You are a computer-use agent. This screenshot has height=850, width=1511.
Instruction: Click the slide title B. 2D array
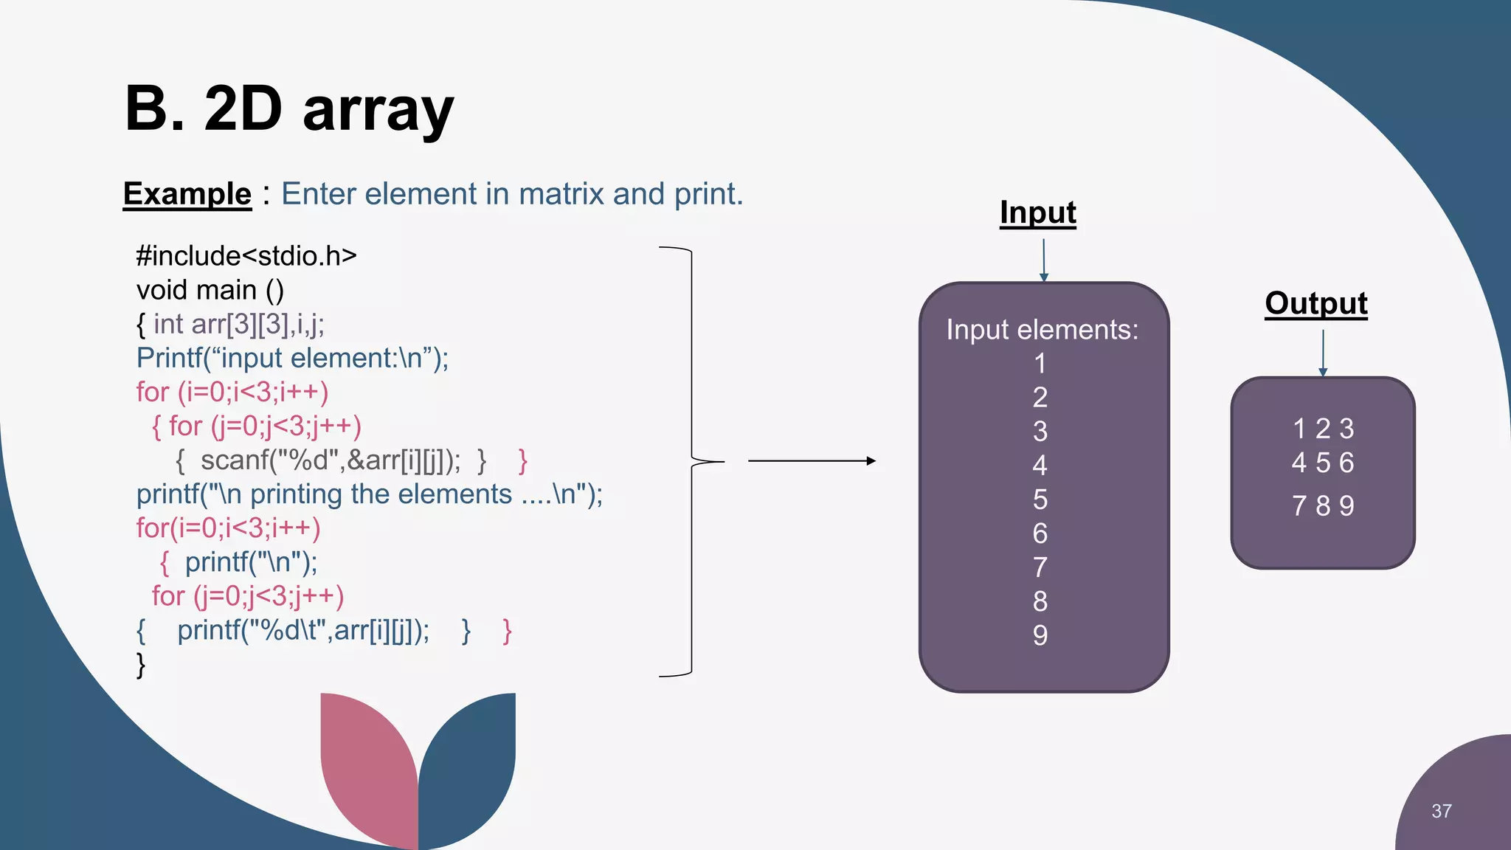[x=289, y=109]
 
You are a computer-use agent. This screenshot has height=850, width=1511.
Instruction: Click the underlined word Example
[x=187, y=194]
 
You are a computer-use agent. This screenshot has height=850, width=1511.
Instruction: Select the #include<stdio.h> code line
[x=246, y=256]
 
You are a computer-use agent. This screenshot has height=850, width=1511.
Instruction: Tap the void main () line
[x=210, y=290]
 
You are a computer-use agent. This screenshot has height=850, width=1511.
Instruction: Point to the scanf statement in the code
[x=330, y=460]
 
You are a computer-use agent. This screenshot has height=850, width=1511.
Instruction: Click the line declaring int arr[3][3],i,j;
[x=238, y=324]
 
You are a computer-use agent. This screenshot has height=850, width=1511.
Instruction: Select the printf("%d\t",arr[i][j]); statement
[x=302, y=631]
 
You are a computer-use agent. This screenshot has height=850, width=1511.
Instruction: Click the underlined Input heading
[x=1037, y=212]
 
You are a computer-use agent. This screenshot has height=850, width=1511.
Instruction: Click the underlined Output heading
[x=1315, y=303]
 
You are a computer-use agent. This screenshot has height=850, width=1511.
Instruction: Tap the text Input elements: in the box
[x=1042, y=330]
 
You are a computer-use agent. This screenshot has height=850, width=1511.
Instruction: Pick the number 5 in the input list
[x=1040, y=500]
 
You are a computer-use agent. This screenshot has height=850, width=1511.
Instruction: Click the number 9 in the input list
[x=1040, y=635]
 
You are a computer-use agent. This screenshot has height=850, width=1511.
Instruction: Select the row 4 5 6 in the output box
[x=1323, y=463]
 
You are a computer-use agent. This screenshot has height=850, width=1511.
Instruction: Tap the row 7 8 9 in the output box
[x=1323, y=506]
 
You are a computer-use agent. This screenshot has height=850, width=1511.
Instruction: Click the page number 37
[x=1441, y=811]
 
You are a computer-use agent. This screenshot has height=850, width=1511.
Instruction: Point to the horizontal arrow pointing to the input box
[x=812, y=461]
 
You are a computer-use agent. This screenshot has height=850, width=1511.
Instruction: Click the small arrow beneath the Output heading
[x=1323, y=353]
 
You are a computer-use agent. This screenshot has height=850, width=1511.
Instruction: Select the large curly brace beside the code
[x=691, y=461]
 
